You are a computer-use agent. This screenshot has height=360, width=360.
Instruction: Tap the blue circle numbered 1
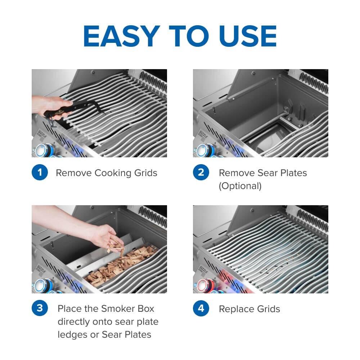point(40,173)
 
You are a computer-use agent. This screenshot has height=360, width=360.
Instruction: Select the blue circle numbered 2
point(201,173)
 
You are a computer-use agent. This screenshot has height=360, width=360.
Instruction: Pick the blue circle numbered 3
point(40,309)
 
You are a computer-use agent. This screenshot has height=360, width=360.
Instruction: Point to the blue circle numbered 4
point(201,309)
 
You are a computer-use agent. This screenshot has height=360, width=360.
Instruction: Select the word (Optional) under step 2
point(240,186)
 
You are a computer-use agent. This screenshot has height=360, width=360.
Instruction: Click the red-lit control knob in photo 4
point(203,285)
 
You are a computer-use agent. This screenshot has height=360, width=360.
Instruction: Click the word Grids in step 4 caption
point(267,309)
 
